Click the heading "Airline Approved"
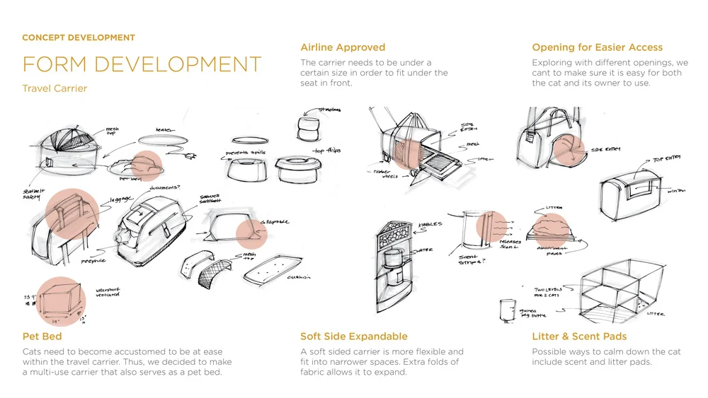343,47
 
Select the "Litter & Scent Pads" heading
579,336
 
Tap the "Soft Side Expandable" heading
353,336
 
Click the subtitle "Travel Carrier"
55,89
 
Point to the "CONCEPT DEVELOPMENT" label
79,37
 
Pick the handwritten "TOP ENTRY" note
666,160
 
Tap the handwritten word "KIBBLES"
430,225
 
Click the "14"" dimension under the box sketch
56,320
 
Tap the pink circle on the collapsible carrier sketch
251,233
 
